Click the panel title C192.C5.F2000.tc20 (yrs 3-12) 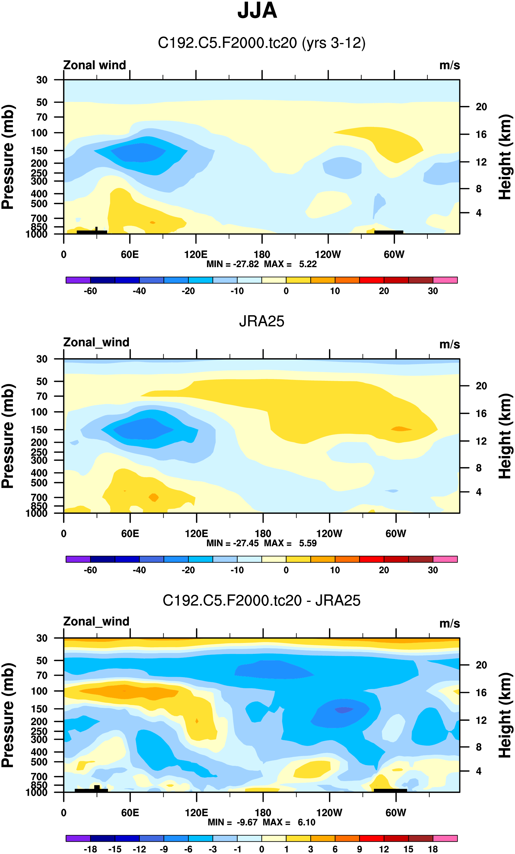[x=261, y=43]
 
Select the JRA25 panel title [x=261, y=321]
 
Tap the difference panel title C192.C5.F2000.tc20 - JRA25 [x=261, y=600]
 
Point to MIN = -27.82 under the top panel [x=232, y=264]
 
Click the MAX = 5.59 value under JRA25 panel [x=291, y=543]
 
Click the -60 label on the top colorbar [x=90, y=291]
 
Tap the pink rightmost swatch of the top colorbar [x=445, y=280]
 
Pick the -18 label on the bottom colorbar [x=90, y=849]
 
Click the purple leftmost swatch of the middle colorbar [x=78, y=559]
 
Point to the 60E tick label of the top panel [x=130, y=255]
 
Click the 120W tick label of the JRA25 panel [x=329, y=534]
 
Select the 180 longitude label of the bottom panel [x=263, y=813]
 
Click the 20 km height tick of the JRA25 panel [x=481, y=386]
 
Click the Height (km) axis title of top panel [x=505, y=157]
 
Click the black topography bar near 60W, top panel [x=388, y=232]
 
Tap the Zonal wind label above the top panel [x=94, y=65]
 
